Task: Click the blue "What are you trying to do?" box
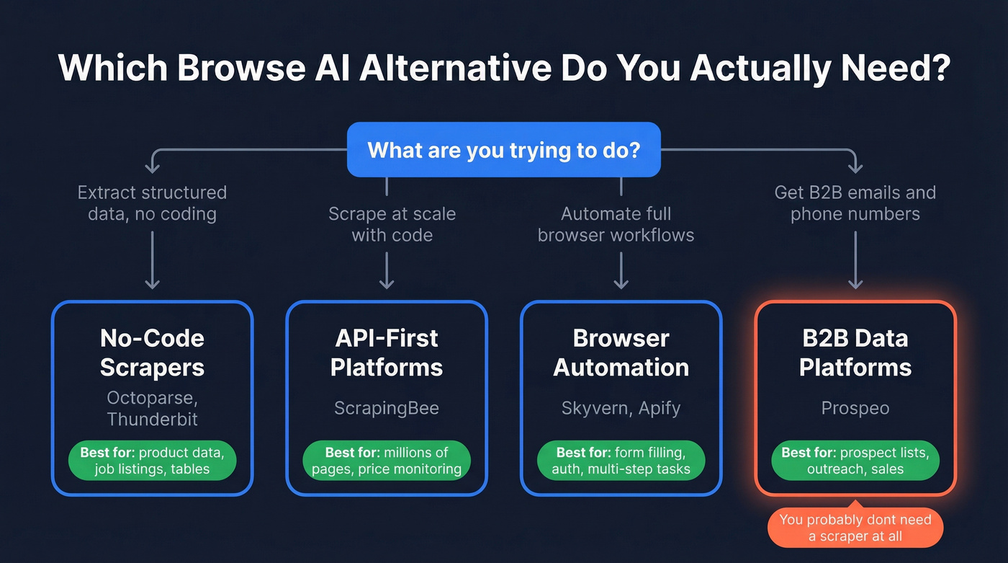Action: point(503,150)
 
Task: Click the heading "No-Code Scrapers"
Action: point(152,353)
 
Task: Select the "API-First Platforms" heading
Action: point(387,353)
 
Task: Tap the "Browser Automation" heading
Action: point(621,353)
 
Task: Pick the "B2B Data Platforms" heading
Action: point(855,353)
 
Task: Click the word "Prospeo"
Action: point(855,408)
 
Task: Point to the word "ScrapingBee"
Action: point(387,408)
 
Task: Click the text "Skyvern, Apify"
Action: point(621,408)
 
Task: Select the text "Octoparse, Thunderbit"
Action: point(152,408)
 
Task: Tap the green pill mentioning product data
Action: point(152,461)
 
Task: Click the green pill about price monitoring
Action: point(387,461)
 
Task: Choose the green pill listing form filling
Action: point(621,461)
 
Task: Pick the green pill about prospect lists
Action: point(855,461)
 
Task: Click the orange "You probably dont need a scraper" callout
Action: point(855,528)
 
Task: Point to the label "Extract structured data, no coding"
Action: point(152,203)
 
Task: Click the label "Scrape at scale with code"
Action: point(392,224)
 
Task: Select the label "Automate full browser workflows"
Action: point(616,224)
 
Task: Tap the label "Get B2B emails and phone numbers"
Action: point(855,203)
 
